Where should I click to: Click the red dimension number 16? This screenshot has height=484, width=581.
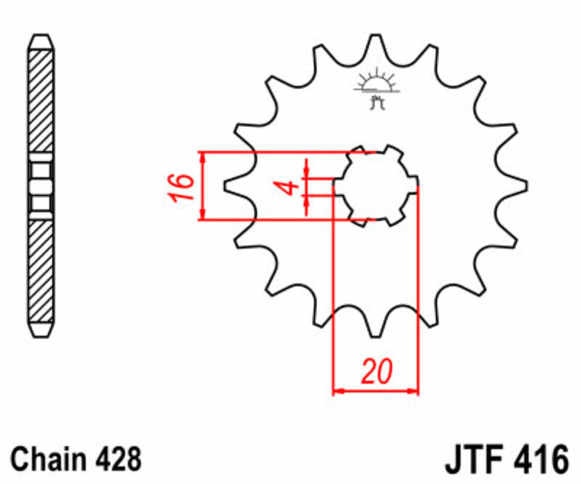pos(184,186)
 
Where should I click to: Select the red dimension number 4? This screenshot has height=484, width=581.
pos(288,187)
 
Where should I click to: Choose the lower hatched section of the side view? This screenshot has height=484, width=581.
pos(41,273)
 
